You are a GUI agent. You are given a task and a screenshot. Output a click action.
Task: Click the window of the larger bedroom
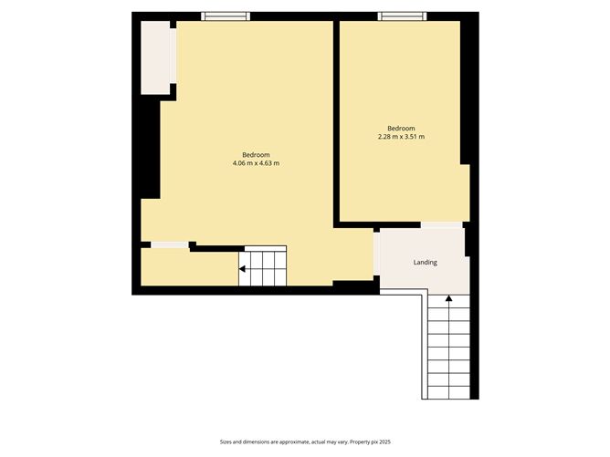point(225,16)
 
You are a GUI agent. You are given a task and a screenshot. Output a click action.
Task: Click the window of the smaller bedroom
point(402,16)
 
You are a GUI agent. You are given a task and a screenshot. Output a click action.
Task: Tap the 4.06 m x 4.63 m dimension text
point(256,163)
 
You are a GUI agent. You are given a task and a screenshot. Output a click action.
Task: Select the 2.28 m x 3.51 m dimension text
point(401,137)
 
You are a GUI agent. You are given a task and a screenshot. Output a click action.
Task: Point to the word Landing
point(425,263)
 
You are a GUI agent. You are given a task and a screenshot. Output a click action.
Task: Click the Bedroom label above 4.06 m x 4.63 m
point(256,154)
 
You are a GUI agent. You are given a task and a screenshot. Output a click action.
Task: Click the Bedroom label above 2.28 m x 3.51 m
point(401,128)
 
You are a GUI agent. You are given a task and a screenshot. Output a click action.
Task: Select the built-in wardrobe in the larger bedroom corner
point(155,57)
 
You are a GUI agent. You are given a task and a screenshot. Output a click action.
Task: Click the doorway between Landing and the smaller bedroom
point(442,224)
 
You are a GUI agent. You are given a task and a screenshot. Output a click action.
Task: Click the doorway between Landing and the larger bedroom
point(376,257)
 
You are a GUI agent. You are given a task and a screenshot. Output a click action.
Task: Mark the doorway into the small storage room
point(170,244)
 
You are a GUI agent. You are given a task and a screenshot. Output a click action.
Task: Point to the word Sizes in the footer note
point(226,441)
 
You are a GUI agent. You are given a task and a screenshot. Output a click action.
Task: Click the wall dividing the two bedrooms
point(336,119)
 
